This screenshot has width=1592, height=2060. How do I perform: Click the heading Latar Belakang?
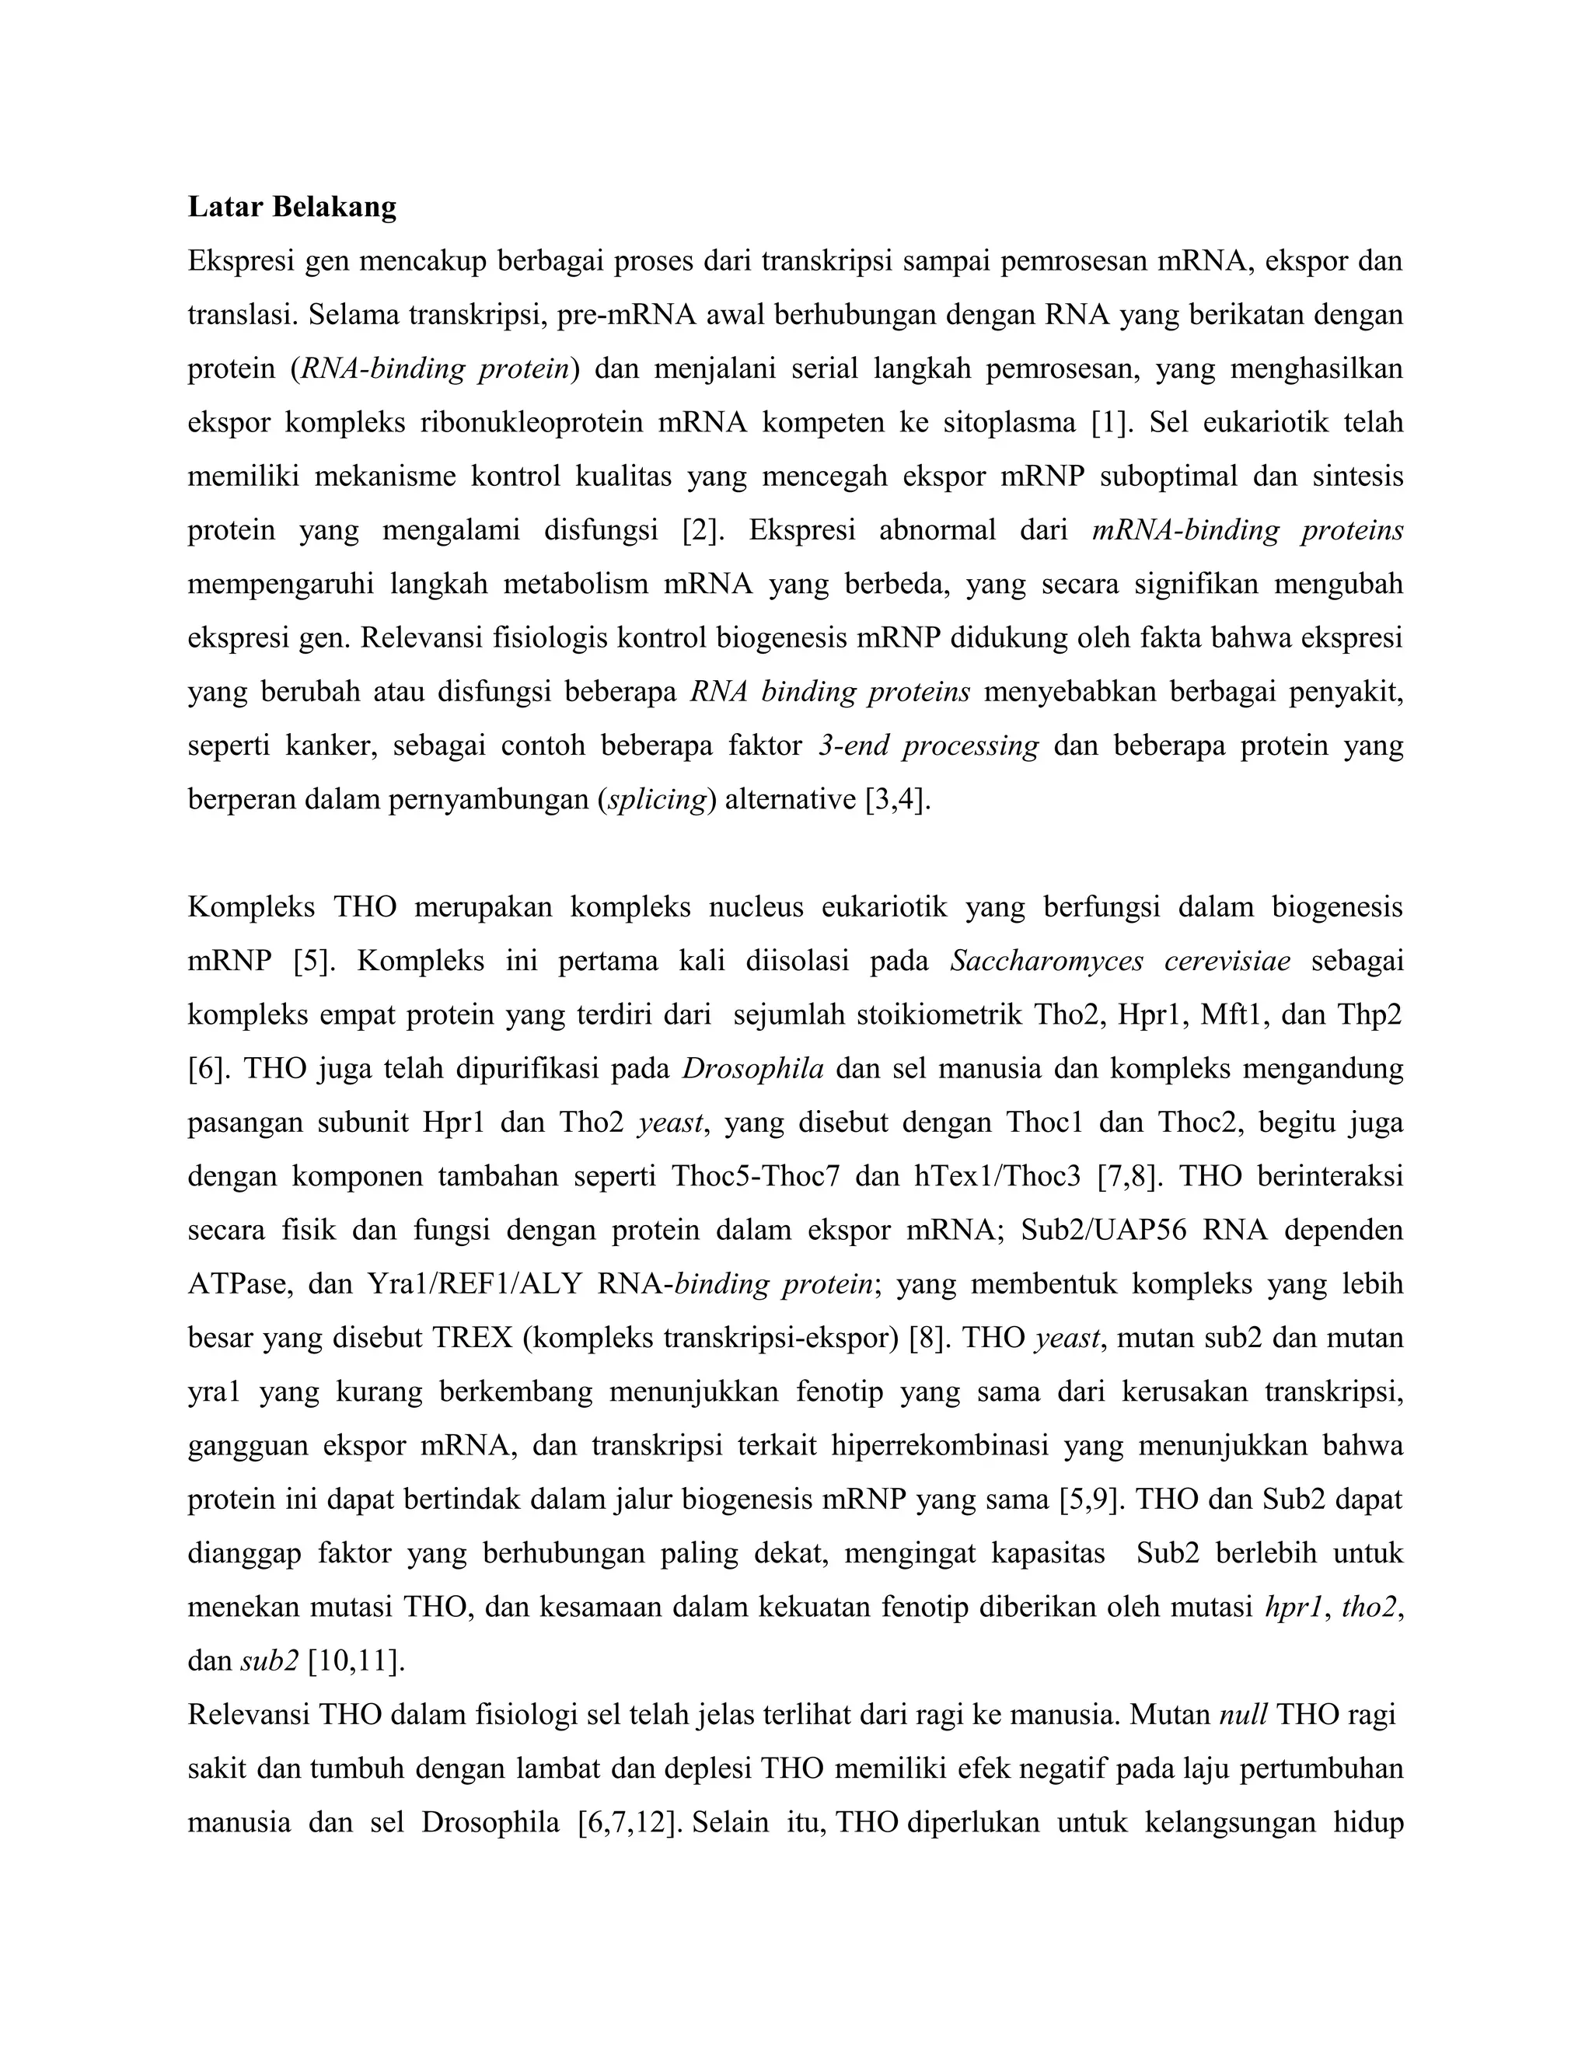(x=292, y=207)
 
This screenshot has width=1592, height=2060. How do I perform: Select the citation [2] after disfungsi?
(x=703, y=530)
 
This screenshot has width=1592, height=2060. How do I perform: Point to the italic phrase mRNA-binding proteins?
(x=1247, y=530)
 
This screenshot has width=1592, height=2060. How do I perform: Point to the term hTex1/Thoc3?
(x=998, y=1176)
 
